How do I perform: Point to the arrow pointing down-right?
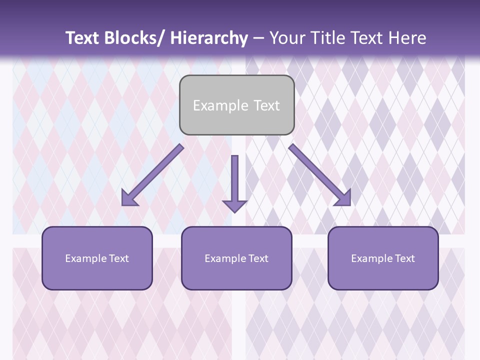318,173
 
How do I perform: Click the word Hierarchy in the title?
209,38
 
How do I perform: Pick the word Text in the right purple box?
404,258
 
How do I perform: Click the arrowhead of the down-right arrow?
343,198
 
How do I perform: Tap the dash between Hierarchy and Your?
258,38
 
